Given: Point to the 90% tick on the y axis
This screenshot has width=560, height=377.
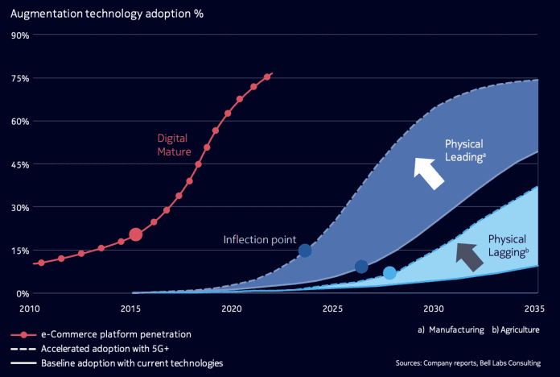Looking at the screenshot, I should (x=20, y=35).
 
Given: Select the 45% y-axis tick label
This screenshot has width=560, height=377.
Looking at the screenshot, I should (x=20, y=164).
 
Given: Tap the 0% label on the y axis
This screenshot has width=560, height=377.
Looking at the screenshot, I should (x=23, y=293).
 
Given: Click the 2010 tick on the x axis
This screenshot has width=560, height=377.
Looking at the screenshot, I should (x=30, y=309).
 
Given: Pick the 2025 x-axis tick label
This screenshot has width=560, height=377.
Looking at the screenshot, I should (x=332, y=309).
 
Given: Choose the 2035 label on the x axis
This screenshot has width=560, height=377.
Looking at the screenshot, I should (x=535, y=309).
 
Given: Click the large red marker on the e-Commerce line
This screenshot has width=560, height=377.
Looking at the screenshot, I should (x=136, y=234).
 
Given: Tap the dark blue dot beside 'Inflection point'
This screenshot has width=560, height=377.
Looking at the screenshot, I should (x=305, y=251).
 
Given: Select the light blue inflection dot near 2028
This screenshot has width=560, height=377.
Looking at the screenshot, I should (x=389, y=273).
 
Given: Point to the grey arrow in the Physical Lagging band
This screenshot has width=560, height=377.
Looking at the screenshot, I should (x=467, y=254).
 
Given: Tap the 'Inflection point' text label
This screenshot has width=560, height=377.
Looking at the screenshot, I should (x=260, y=240).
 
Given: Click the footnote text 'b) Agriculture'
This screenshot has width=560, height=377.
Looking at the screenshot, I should (x=514, y=329).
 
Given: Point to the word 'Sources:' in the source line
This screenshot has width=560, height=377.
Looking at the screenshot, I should (x=413, y=363).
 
